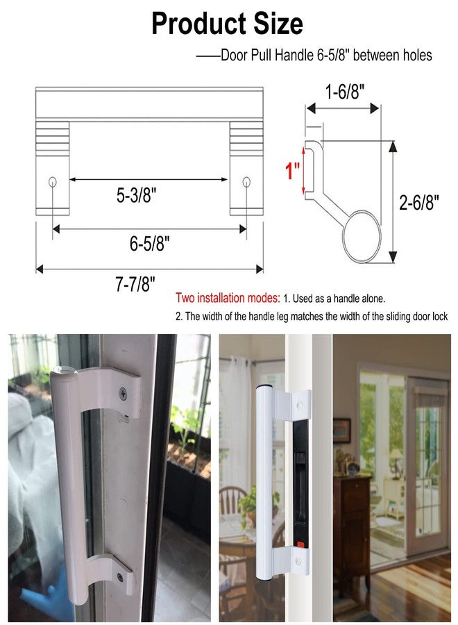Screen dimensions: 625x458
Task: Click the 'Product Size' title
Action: (227, 24)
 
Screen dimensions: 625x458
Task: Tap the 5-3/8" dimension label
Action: (136, 196)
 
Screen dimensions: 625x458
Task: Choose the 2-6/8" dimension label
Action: (421, 202)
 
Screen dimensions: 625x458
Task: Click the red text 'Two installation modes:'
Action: (228, 299)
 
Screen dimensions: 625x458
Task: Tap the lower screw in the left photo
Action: (121, 576)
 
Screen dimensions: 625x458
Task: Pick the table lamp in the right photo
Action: (396, 458)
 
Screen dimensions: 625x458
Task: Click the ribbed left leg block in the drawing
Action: (53, 137)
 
